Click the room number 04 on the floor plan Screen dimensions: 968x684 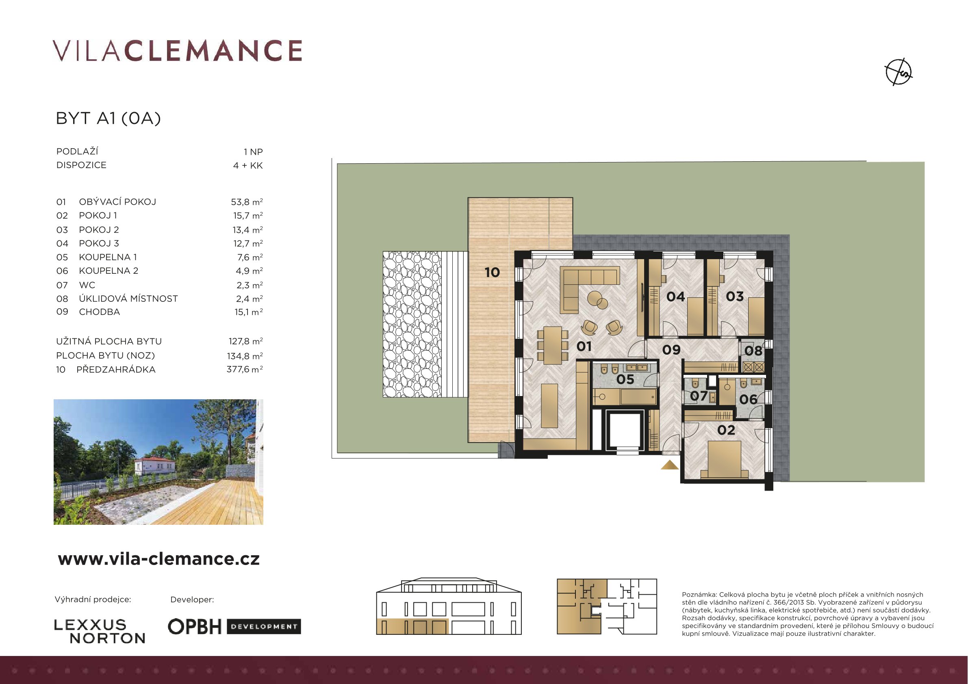click(x=675, y=297)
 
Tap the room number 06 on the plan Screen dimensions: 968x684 click(x=748, y=399)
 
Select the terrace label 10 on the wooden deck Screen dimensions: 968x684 click(x=492, y=272)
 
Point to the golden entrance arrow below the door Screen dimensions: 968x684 click(x=669, y=465)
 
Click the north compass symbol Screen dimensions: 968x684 click(x=899, y=72)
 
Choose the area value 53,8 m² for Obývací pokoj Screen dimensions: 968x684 click(x=247, y=202)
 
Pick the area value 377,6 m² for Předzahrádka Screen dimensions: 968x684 click(x=245, y=370)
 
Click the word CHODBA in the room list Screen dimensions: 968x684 click(x=100, y=312)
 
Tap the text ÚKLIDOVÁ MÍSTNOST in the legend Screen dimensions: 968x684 click(x=128, y=299)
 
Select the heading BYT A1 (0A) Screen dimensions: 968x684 click(x=109, y=119)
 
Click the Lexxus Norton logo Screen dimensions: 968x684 click(x=100, y=631)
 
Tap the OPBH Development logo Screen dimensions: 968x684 click(x=234, y=627)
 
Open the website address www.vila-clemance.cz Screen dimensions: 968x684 click(x=158, y=559)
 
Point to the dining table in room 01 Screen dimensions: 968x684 click(x=552, y=346)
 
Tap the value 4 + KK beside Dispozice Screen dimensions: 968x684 click(x=248, y=165)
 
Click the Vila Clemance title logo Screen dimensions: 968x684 click(x=178, y=51)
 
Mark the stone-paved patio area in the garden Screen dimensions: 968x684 click(x=412, y=324)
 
